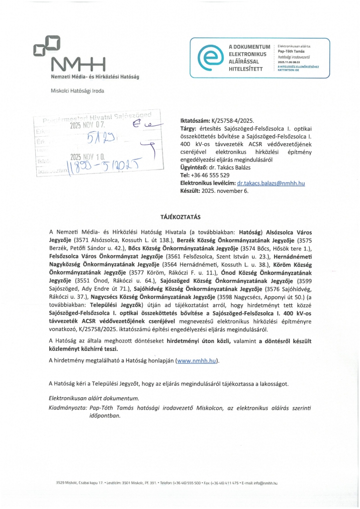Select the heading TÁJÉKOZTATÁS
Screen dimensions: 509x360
click(180, 217)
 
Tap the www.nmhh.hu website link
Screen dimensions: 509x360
click(197, 360)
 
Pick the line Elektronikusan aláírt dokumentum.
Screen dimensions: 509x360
click(94, 399)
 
